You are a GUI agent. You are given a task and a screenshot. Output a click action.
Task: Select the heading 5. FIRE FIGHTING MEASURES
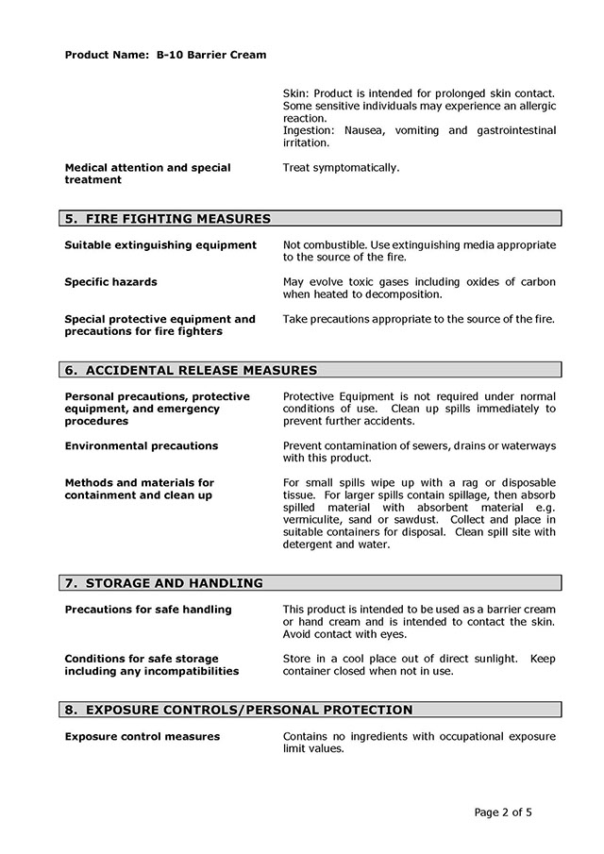coord(167,219)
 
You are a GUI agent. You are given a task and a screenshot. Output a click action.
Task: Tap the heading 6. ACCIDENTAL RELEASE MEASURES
coord(191,370)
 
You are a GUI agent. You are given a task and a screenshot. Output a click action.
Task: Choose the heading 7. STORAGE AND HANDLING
coord(164,583)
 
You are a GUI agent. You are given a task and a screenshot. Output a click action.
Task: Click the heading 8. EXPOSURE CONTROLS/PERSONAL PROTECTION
coord(239,710)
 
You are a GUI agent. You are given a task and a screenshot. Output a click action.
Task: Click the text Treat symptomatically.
coord(341,168)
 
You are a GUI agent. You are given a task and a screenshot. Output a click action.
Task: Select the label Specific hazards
coord(110,282)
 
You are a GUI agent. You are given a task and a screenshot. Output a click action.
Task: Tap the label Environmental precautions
coord(141,445)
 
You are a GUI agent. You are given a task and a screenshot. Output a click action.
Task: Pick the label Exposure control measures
coord(142,736)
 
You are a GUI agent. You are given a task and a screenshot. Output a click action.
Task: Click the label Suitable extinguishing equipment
coord(160,245)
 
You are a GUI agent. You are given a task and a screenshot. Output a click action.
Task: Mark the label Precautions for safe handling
coord(148,610)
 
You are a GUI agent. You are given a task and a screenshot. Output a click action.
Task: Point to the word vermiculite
coord(316,520)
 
